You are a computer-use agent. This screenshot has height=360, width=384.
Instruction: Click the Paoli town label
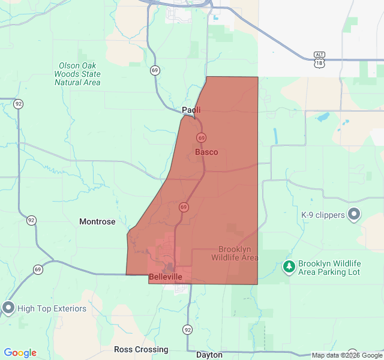pyautogui.click(x=191, y=110)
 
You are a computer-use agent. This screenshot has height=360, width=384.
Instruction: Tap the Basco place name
pyautogui.click(x=206, y=152)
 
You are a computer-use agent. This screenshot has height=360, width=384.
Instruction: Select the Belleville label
pyautogui.click(x=165, y=277)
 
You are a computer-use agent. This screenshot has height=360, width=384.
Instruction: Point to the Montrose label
pyautogui.click(x=97, y=221)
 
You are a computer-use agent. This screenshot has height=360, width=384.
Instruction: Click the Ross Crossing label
pyautogui.click(x=141, y=349)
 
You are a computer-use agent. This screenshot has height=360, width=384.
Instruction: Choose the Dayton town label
pyautogui.click(x=209, y=355)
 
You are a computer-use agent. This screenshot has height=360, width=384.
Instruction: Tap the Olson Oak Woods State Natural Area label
pyautogui.click(x=77, y=74)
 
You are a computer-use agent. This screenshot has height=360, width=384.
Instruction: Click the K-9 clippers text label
pyautogui.click(x=323, y=215)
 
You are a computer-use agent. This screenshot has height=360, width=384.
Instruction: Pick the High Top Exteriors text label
pyautogui.click(x=52, y=308)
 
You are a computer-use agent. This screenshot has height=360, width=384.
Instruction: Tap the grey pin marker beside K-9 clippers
pyautogui.click(x=354, y=214)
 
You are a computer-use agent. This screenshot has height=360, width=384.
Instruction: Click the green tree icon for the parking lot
pyautogui.click(x=289, y=266)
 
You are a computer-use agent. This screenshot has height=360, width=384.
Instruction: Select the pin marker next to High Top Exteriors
pyautogui.click(x=8, y=308)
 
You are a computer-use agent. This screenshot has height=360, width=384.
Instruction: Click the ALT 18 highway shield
pyautogui.click(x=320, y=59)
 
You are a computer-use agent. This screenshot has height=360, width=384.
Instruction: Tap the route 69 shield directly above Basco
pyautogui.click(x=201, y=137)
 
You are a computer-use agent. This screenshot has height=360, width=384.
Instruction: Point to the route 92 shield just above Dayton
pyautogui.click(x=188, y=330)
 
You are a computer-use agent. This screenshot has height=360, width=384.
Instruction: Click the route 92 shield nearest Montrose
pyautogui.click(x=31, y=220)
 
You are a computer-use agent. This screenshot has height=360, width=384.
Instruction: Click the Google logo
pyautogui.click(x=20, y=353)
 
